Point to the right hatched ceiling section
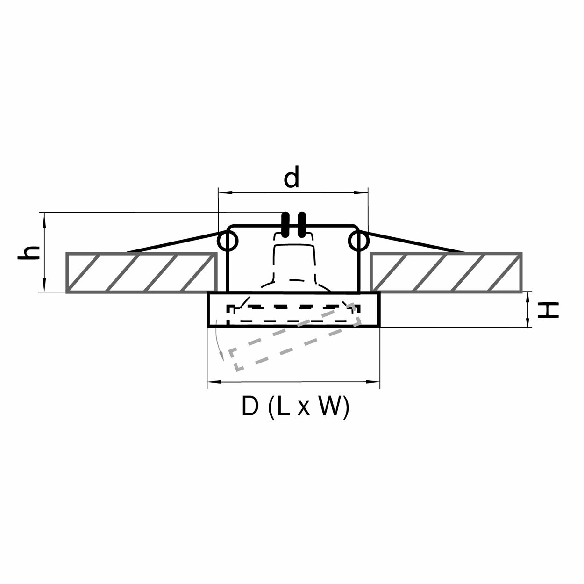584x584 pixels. pyautogui.click(x=446, y=272)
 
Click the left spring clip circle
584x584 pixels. pyautogui.click(x=228, y=241)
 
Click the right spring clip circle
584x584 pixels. pyautogui.click(x=358, y=241)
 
